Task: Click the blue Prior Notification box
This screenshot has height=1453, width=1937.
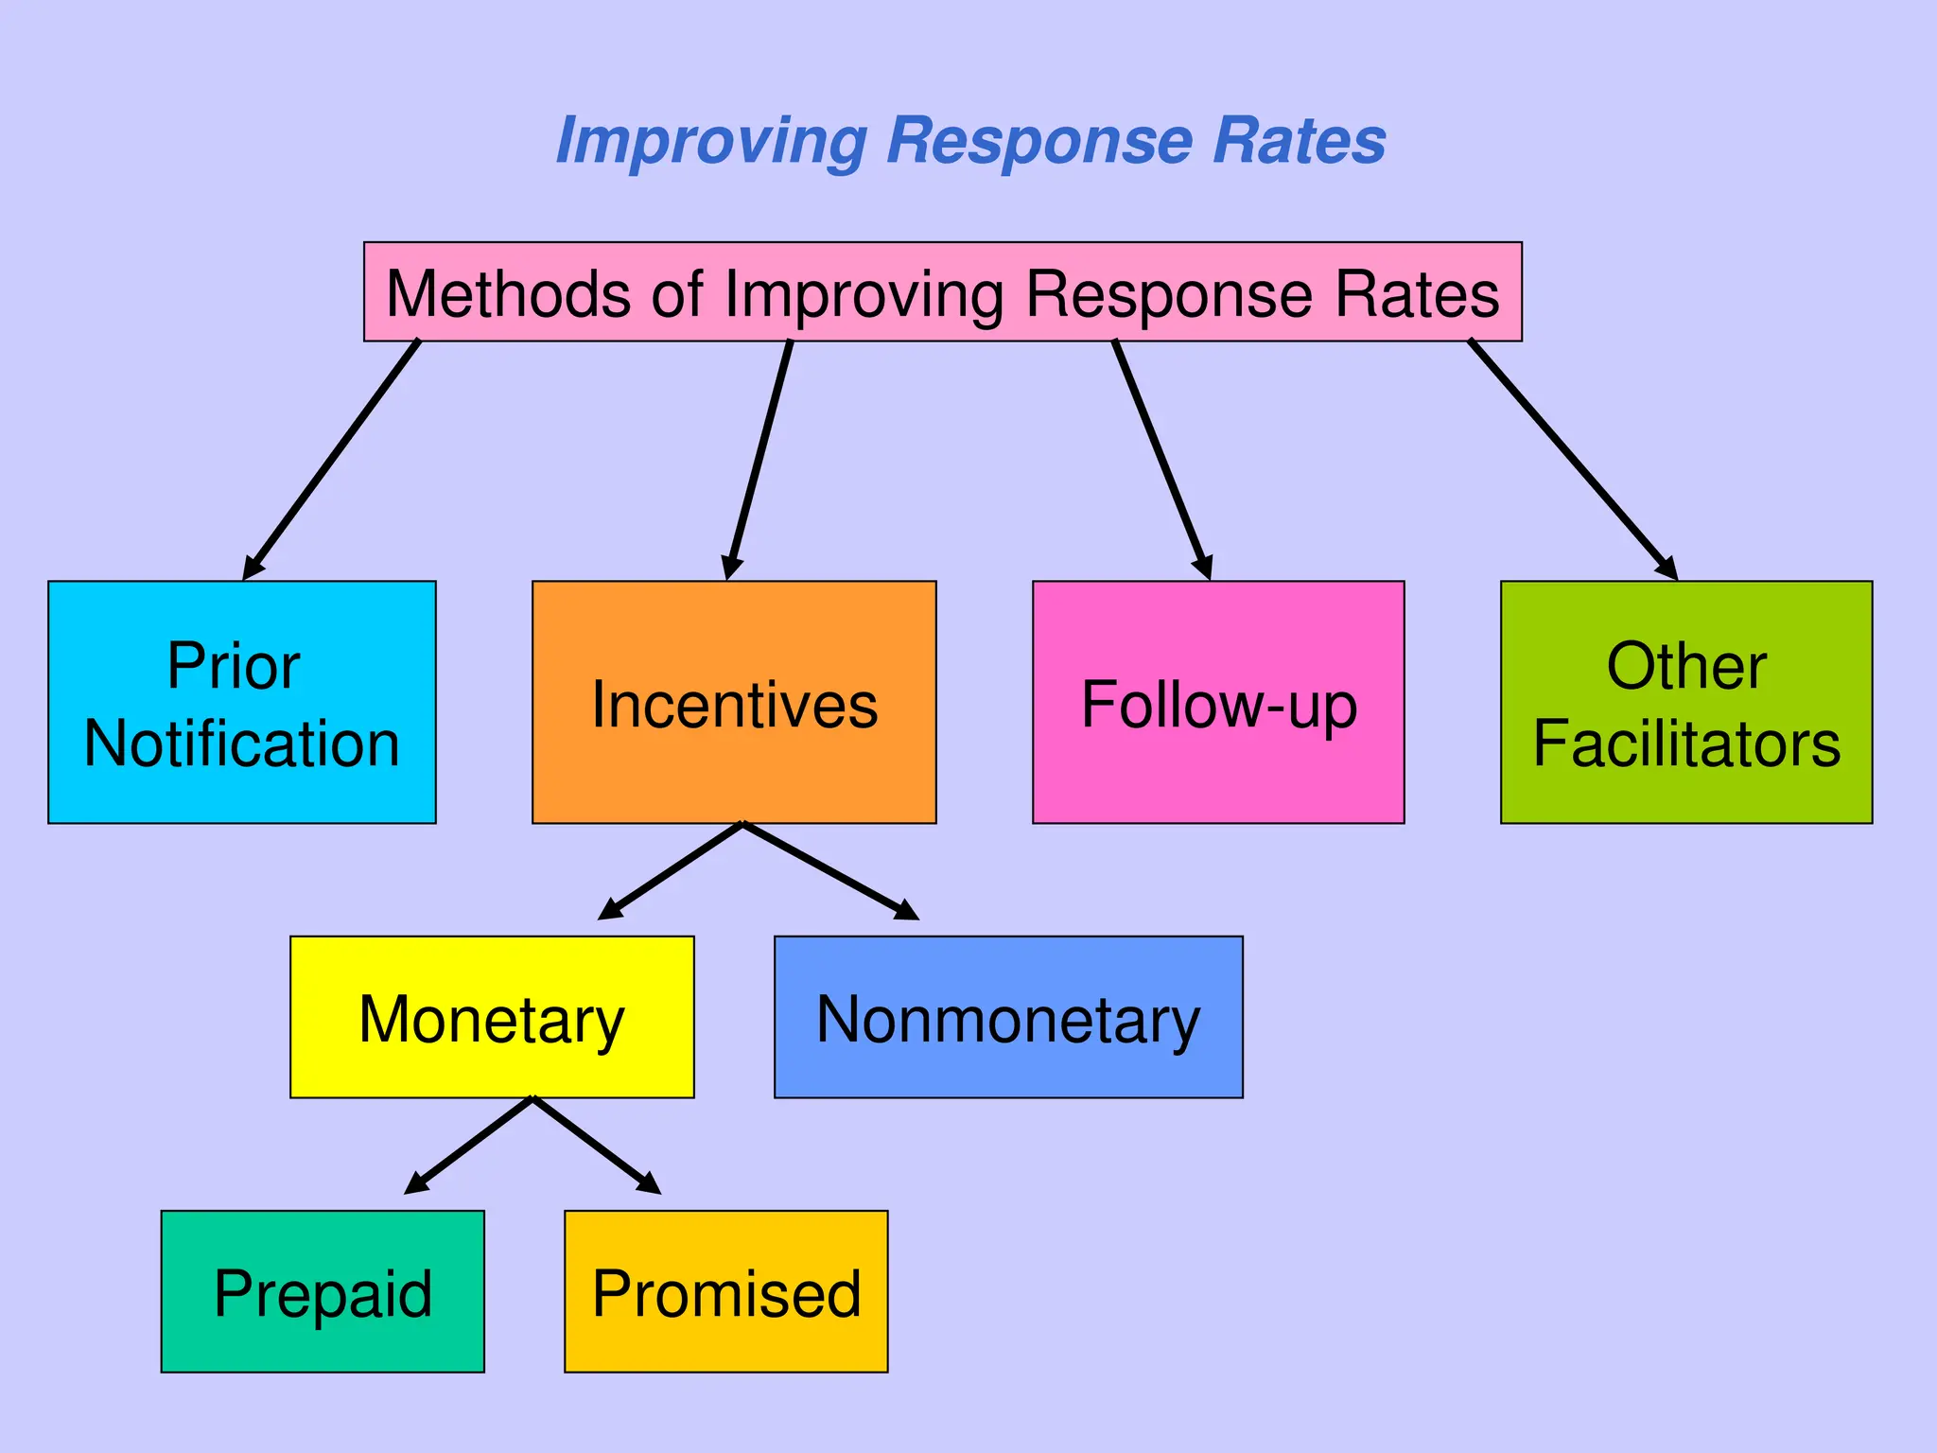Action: pyautogui.click(x=241, y=702)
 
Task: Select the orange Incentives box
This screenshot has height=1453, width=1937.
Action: pyautogui.click(x=734, y=702)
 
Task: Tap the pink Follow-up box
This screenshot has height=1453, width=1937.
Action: pyautogui.click(x=1218, y=702)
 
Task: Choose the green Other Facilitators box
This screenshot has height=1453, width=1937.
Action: pyautogui.click(x=1686, y=702)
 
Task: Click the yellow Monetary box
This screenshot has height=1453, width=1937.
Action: pyautogui.click(x=492, y=1017)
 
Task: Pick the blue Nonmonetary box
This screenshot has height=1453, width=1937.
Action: pyautogui.click(x=1008, y=1017)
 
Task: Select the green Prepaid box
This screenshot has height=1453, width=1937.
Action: pyautogui.click(x=323, y=1291)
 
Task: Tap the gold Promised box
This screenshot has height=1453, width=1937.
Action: pyautogui.click(x=726, y=1291)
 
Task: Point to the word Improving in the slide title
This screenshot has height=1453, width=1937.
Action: pyautogui.click(x=711, y=141)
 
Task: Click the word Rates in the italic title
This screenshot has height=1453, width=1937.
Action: pyautogui.click(x=1300, y=141)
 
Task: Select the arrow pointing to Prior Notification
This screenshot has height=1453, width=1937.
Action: pyautogui.click(x=331, y=460)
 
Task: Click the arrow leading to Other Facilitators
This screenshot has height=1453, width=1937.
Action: pyautogui.click(x=1573, y=460)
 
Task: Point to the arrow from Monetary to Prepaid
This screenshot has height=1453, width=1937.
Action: pyautogui.click(x=469, y=1146)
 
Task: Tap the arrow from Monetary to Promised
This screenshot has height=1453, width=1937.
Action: pyautogui.click(x=597, y=1146)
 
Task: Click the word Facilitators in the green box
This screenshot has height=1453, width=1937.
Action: pyautogui.click(x=1686, y=744)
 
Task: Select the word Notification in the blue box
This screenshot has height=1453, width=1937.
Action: pyautogui.click(x=242, y=744)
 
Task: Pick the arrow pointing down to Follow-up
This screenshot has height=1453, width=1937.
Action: pyautogui.click(x=1162, y=460)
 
